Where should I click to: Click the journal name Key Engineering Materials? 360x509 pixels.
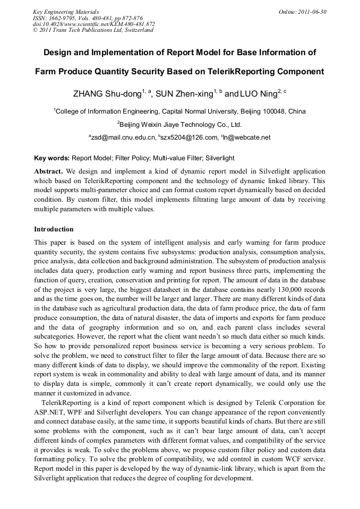click(x=65, y=12)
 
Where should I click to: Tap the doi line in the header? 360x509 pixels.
click(x=93, y=24)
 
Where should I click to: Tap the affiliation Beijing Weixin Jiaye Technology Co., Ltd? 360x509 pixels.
click(x=181, y=125)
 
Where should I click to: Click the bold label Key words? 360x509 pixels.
click(x=52, y=158)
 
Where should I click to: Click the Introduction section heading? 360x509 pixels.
click(x=54, y=229)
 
